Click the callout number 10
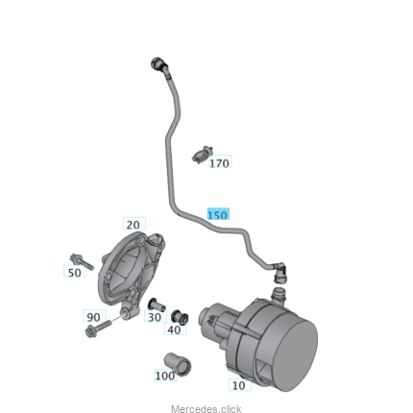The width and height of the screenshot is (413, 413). (239, 385)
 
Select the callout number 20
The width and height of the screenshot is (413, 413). (134, 225)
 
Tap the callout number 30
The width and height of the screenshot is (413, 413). (155, 317)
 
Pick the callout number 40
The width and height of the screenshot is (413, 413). (174, 329)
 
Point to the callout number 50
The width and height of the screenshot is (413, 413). (75, 273)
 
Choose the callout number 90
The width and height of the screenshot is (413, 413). (93, 317)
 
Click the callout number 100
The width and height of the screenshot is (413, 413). (165, 376)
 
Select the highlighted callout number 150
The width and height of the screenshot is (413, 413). (218, 215)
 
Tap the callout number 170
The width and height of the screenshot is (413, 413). (219, 163)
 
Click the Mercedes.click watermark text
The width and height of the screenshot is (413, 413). (206, 409)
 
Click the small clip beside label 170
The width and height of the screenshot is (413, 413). (203, 155)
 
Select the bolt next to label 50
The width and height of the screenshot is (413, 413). (82, 261)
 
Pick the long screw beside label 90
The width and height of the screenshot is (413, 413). (98, 328)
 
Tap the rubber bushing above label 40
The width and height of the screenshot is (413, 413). (180, 317)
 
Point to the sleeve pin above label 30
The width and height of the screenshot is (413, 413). (157, 304)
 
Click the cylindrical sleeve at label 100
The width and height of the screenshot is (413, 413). (178, 363)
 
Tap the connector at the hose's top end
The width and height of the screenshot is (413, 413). (159, 65)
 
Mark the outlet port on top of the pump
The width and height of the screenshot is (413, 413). (278, 297)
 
